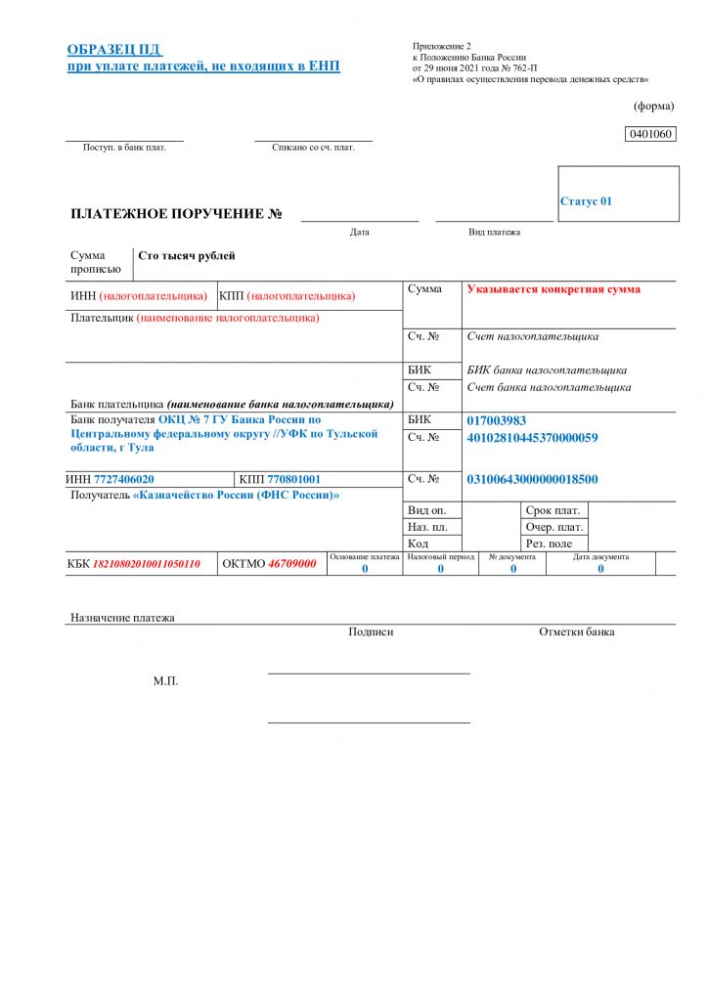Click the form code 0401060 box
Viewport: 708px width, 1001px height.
[x=650, y=134]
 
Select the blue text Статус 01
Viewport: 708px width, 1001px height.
[x=586, y=201]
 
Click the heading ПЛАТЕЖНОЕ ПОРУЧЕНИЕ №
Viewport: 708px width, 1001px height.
[x=177, y=214]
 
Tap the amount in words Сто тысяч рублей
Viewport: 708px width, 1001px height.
[x=187, y=256]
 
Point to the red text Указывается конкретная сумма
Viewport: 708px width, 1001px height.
[x=553, y=289]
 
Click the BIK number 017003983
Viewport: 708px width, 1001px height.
[x=497, y=420]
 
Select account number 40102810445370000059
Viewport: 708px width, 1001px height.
[x=532, y=437]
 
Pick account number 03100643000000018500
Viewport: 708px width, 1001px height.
[x=532, y=479]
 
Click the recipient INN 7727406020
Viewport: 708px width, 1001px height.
[x=123, y=480]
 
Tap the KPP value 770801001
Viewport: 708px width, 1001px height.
[x=293, y=480]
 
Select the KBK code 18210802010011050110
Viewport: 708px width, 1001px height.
[x=146, y=564]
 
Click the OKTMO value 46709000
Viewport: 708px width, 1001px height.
[x=292, y=564]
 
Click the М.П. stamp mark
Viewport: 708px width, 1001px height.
[x=165, y=680]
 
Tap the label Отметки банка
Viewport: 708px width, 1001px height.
[x=577, y=632]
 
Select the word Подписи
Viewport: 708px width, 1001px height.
[x=371, y=632]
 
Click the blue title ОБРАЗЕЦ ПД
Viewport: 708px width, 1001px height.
[x=113, y=50]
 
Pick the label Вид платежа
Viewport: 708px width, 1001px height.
[x=494, y=233]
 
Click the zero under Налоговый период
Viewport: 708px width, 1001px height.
[x=440, y=568]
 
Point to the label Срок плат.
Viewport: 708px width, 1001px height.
[x=553, y=510]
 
